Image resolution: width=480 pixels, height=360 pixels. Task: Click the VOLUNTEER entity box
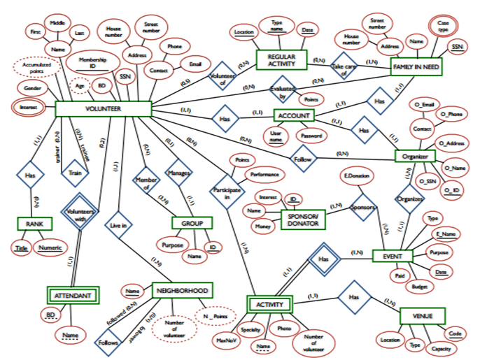coord(103,109)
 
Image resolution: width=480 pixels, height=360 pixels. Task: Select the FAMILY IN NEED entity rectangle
coord(418,66)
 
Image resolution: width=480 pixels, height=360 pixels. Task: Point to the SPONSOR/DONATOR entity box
coord(304,218)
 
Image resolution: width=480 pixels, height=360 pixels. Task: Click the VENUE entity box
coord(422,317)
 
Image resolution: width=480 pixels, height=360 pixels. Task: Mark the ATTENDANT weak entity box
coord(73,296)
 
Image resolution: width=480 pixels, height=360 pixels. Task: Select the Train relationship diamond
coord(73,169)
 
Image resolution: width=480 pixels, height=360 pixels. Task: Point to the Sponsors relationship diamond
coord(364,208)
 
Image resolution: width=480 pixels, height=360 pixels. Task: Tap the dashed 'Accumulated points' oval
coord(35,69)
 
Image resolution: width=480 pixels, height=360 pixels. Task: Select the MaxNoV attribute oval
coord(225,340)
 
